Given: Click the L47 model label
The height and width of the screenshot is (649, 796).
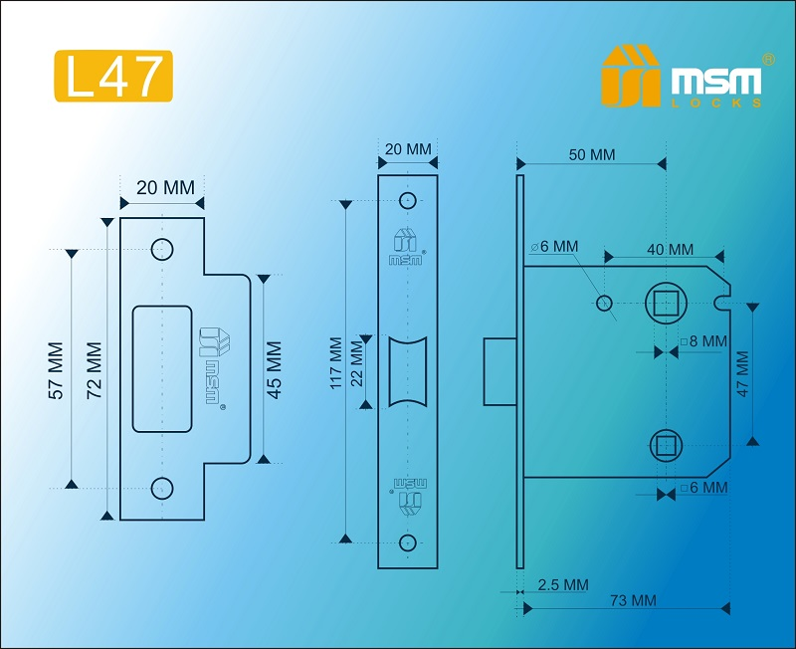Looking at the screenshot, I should (x=112, y=76).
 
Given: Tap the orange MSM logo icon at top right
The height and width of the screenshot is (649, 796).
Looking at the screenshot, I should (x=630, y=76).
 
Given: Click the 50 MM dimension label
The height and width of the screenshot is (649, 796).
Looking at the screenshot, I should (x=591, y=155).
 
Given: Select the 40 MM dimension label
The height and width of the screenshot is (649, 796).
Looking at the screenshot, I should (x=669, y=250).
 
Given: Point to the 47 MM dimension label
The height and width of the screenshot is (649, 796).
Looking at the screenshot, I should (x=740, y=374).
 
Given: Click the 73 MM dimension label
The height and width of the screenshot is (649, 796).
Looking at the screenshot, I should (x=631, y=600).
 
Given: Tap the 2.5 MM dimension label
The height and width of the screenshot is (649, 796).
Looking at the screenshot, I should (x=562, y=584).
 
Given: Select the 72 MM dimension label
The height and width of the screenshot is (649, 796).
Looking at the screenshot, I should (x=95, y=369).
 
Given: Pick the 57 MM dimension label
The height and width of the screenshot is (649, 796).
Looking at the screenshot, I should (x=57, y=371).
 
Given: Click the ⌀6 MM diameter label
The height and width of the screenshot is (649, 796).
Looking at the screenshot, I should (x=554, y=246).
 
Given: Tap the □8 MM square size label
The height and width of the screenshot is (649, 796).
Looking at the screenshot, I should (x=703, y=341).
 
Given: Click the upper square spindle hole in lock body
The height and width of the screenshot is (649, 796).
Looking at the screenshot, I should (x=664, y=301).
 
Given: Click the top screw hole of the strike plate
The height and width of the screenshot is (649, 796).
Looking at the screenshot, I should (x=161, y=249).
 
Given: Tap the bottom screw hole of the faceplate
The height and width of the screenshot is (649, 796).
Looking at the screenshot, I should (x=407, y=541).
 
